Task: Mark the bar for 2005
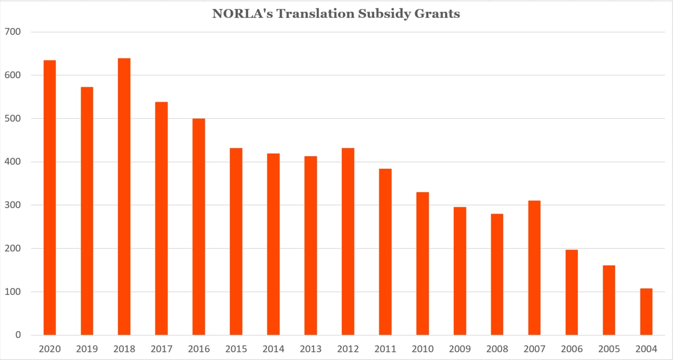coord(609,300)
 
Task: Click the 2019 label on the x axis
coord(87,349)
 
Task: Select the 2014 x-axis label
coord(273,349)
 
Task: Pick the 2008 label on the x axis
coord(497,349)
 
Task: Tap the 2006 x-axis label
coord(571,349)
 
